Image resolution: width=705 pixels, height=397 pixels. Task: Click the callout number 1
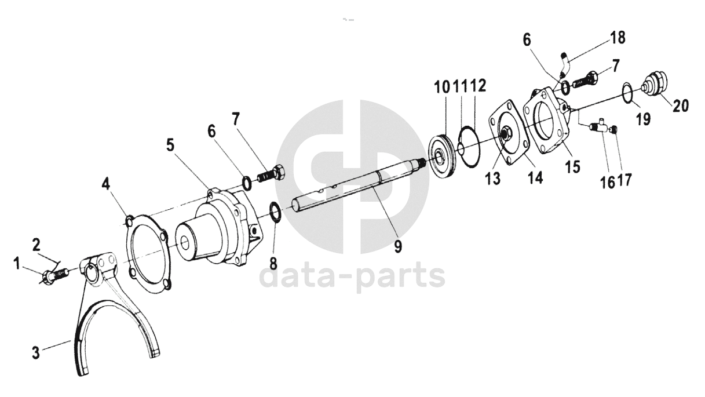(x=17, y=264)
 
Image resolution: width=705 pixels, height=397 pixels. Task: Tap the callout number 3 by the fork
(x=36, y=352)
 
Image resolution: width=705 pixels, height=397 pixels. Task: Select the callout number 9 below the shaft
(x=398, y=246)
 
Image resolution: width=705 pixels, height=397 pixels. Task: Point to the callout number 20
(x=681, y=105)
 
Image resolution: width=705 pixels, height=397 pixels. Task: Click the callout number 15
(x=572, y=166)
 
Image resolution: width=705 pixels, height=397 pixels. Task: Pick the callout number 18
(x=617, y=38)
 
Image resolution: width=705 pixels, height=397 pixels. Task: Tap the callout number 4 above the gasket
(x=106, y=184)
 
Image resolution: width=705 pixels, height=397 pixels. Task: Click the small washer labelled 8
(x=275, y=213)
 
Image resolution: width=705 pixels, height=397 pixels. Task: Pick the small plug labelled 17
(x=613, y=129)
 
